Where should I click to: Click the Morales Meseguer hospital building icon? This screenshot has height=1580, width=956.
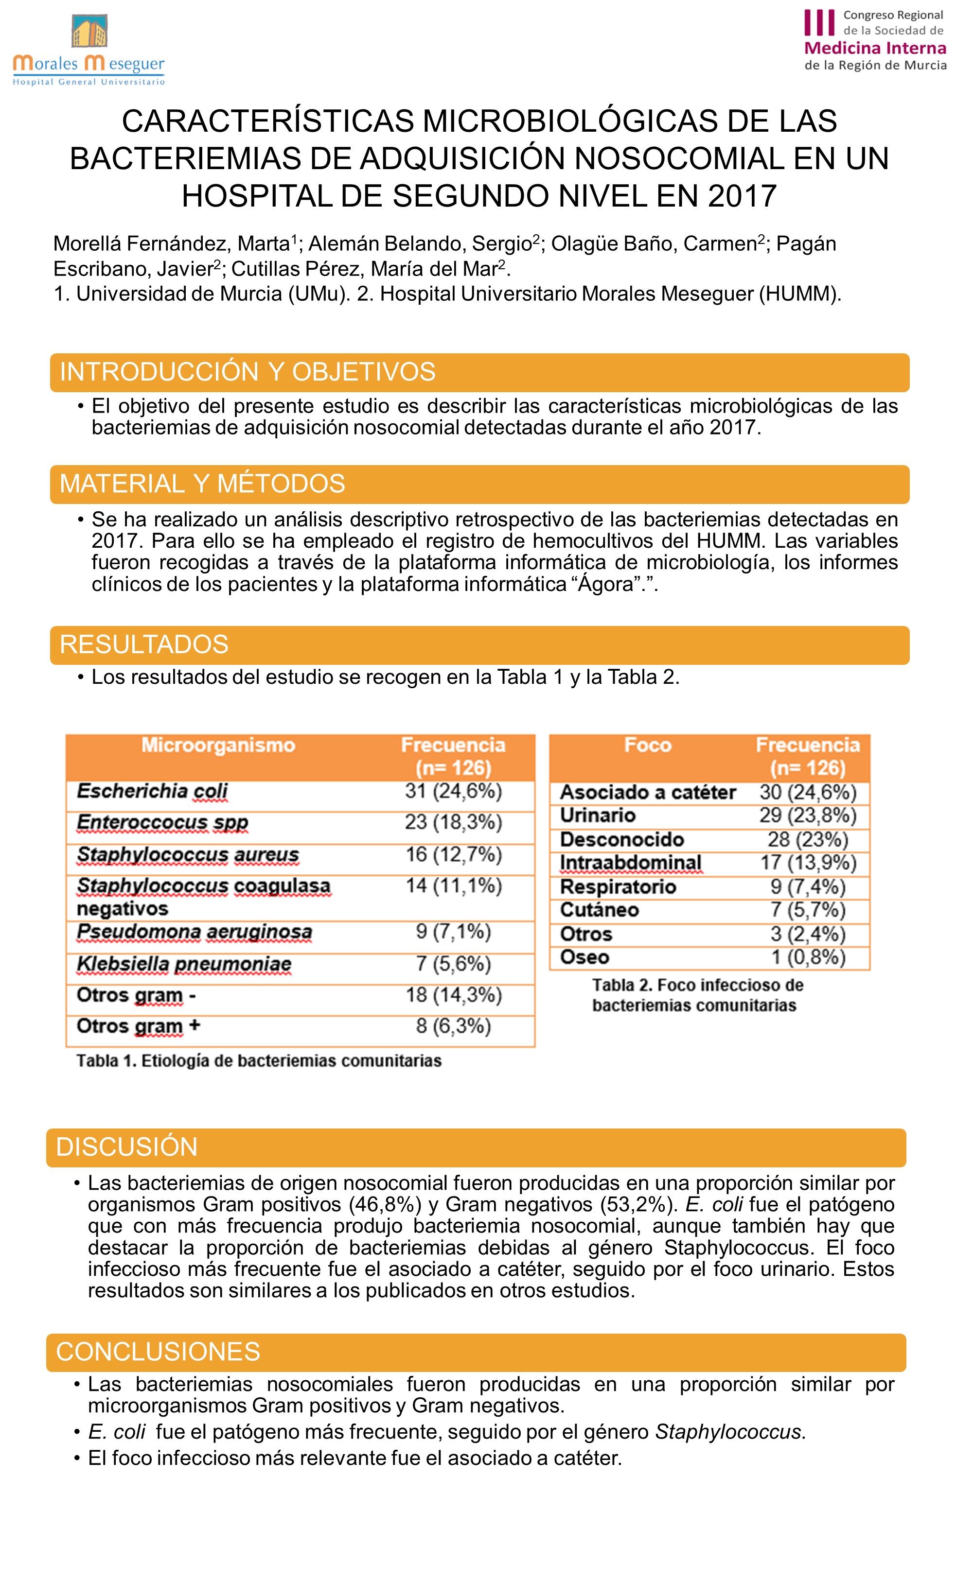coord(89,31)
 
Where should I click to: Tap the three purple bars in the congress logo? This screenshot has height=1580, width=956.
coord(819,22)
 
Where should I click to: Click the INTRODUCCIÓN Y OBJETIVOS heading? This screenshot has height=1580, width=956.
coord(248,372)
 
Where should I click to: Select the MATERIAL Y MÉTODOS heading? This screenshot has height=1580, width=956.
coord(202,484)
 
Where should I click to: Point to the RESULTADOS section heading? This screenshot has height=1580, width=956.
coord(144,644)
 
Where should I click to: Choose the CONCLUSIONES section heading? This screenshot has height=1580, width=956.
coord(158,1352)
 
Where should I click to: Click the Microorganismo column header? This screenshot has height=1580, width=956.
coord(218,745)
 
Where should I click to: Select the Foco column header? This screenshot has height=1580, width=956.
coord(647,745)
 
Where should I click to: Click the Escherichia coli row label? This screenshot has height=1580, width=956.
coord(152,791)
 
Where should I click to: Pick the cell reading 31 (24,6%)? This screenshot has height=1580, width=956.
coord(453,791)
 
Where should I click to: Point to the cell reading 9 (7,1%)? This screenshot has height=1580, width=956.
coord(453,931)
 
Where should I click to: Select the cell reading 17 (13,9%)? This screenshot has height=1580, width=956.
coord(808,863)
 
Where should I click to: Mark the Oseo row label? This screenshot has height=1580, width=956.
coord(584,957)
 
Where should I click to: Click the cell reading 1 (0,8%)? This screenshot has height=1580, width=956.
coord(808,957)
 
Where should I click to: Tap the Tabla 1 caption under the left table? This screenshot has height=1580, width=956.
coord(259,1060)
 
